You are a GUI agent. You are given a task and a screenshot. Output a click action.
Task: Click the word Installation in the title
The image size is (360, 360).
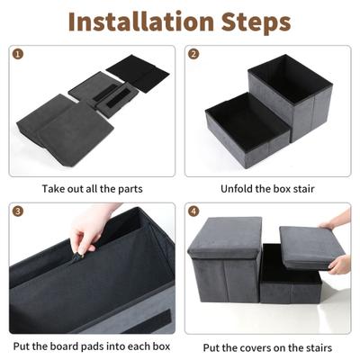pos(142,22)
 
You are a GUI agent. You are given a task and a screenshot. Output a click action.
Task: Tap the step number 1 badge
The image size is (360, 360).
pos(16,53)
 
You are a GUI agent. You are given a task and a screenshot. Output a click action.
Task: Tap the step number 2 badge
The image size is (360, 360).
pos(193,53)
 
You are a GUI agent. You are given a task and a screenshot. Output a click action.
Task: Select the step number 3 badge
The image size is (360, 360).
pos(16,211)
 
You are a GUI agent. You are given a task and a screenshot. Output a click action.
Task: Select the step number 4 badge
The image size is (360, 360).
pos(193,211)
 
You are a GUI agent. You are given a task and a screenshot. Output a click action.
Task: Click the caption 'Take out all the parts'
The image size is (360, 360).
pos(92,189)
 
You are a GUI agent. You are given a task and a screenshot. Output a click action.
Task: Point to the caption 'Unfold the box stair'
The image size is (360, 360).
pos(267,189)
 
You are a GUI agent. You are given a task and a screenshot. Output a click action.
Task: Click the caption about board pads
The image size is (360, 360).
pos(92,346)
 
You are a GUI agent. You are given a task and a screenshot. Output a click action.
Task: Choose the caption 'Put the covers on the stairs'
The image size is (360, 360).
pos(267,346)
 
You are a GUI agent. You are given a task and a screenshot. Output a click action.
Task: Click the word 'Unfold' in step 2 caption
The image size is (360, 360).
pos(238,189)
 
